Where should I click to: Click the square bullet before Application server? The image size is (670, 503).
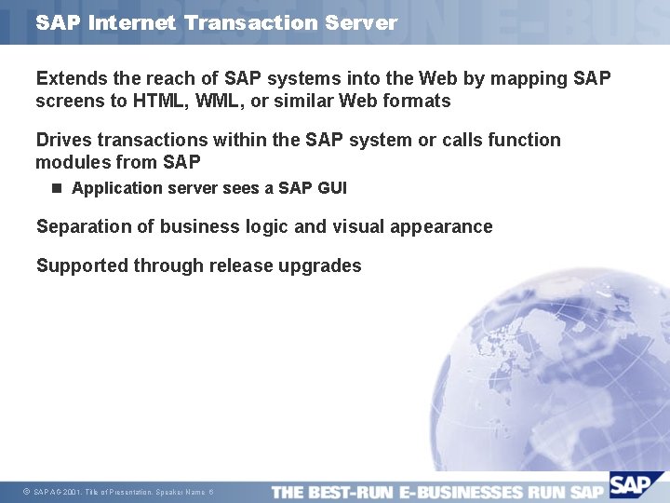57,188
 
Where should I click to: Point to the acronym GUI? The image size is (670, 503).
331,188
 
